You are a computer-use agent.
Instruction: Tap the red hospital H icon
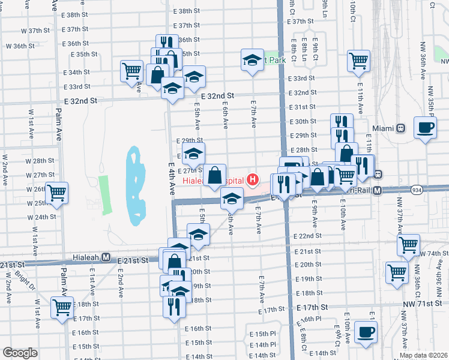coord(253,179)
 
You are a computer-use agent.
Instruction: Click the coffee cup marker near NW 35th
coord(425,128)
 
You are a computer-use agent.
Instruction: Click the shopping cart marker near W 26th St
coord(57,193)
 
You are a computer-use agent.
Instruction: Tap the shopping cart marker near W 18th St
coord(62,307)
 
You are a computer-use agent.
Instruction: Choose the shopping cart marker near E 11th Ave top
coord(358,60)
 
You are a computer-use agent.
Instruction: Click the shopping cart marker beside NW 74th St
coord(408,245)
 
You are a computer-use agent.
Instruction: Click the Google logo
coord(20,353)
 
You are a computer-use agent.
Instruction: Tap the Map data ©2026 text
coord(424,355)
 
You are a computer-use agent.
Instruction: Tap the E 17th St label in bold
coord(315,307)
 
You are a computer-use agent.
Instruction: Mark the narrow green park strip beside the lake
coord(106,195)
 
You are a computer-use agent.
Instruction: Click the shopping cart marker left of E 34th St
coord(131,71)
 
